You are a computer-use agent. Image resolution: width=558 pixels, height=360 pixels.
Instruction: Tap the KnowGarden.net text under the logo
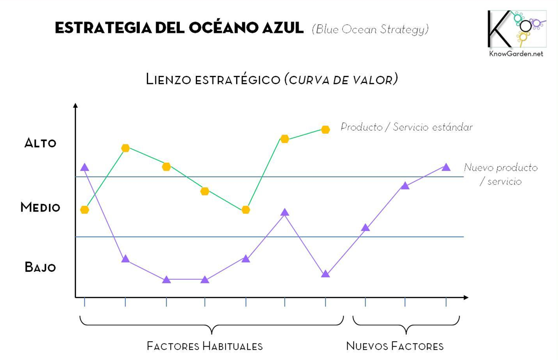tap(516, 54)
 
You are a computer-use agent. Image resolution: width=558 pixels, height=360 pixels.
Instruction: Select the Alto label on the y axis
tap(40, 143)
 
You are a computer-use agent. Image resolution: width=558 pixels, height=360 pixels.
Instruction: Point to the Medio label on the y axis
tap(40, 207)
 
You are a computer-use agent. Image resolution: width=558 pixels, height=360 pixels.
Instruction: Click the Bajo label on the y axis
tap(40, 267)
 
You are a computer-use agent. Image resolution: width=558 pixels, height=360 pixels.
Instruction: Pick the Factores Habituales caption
tap(204, 346)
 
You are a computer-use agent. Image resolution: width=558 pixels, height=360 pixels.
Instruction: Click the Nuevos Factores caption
tap(395, 346)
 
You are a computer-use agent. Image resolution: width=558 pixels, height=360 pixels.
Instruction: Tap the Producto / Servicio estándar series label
tap(406, 127)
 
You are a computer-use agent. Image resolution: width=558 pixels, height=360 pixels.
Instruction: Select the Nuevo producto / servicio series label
tap(501, 174)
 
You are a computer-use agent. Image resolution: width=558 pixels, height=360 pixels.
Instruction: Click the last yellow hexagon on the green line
tap(325, 130)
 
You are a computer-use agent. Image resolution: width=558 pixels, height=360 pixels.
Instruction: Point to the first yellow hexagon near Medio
tap(84, 209)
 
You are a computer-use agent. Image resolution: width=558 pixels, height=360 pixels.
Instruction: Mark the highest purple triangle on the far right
tap(446, 167)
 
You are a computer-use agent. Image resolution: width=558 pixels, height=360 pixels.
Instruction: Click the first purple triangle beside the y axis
tap(84, 167)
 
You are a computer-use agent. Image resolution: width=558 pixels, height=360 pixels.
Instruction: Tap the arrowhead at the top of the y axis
tap(75, 105)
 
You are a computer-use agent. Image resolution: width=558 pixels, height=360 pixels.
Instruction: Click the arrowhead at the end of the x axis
tap(466, 297)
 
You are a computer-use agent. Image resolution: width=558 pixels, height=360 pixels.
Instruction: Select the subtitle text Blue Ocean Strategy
tap(370, 29)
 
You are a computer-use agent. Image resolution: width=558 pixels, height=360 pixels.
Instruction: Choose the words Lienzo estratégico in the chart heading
tap(213, 79)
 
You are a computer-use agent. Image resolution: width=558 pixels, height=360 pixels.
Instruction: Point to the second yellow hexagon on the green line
tap(125, 148)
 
